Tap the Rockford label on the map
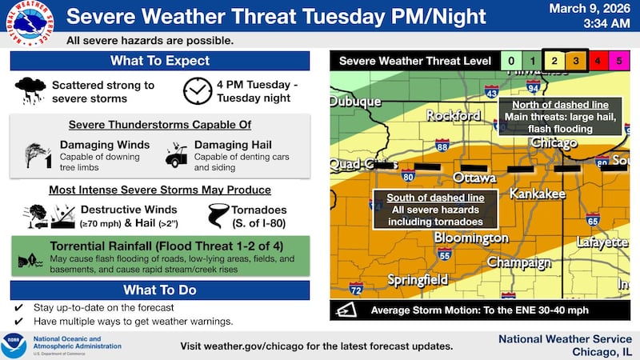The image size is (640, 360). click(453, 115)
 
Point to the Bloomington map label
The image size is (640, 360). click(471, 238)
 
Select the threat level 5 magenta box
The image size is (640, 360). click(619, 60)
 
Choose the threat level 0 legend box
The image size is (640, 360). click(510, 60)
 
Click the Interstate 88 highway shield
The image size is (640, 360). click(442, 146)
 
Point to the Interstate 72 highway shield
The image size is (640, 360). click(356, 287)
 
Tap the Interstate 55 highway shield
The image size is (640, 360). click(446, 254)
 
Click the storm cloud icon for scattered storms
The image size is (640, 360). click(30, 90)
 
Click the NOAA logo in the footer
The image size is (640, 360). click(14, 345)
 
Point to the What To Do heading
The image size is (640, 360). click(160, 290)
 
